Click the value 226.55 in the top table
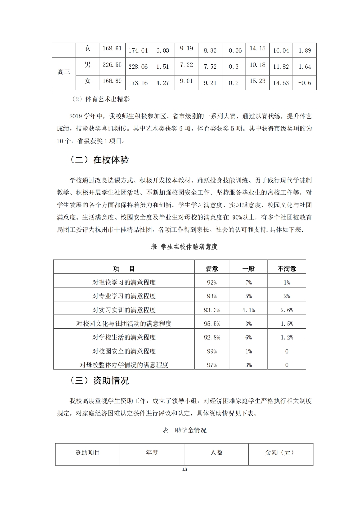[x=112, y=65]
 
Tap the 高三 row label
[x=64, y=72]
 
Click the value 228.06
[x=138, y=67]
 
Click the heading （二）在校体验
[x=99, y=160]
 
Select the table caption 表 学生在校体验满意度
[x=184, y=247]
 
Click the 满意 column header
[x=212, y=269]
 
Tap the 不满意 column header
[x=287, y=269]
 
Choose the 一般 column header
[x=248, y=269]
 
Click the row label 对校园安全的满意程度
[x=127, y=351]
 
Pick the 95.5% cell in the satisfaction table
[x=212, y=324]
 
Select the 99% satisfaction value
[x=212, y=351]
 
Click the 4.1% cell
[x=248, y=310]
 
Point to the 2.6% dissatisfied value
[x=287, y=310]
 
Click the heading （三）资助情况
[x=99, y=381]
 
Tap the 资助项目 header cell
[x=88, y=453]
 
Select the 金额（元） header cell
[x=281, y=453]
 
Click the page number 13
[x=184, y=469]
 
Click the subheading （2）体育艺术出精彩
[x=98, y=99]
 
